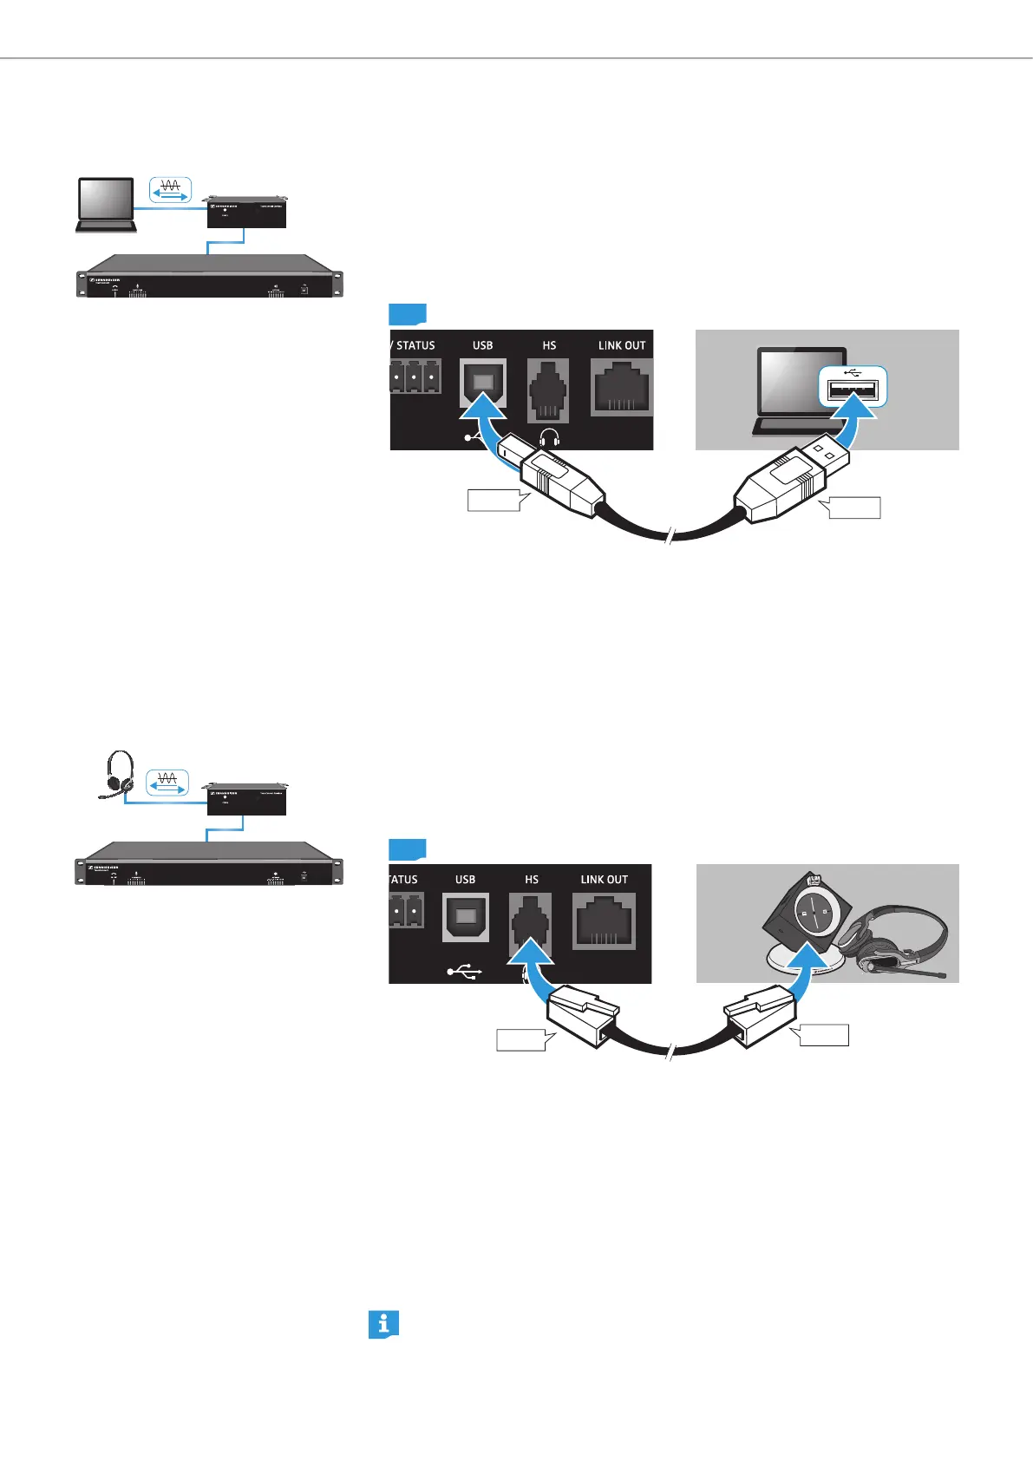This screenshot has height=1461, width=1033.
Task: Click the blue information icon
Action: tap(383, 1324)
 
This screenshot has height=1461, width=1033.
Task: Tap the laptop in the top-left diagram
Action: tap(106, 205)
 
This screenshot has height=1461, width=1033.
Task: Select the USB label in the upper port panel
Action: tap(482, 345)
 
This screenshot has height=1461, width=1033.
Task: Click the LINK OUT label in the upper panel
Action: tap(622, 345)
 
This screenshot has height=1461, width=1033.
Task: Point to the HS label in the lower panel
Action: tap(532, 880)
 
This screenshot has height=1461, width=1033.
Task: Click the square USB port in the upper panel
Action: tap(482, 383)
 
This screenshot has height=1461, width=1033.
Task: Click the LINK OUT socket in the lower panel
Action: tap(604, 921)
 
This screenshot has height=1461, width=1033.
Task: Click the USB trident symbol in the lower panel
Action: tap(465, 972)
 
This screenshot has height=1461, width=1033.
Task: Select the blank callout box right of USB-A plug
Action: tap(853, 508)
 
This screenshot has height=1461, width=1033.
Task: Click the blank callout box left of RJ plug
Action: tap(521, 1038)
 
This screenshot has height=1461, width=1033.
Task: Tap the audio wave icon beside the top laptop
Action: tap(170, 190)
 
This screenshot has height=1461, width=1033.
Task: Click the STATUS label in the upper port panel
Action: tap(415, 345)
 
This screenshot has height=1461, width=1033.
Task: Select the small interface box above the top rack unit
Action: tap(246, 213)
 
